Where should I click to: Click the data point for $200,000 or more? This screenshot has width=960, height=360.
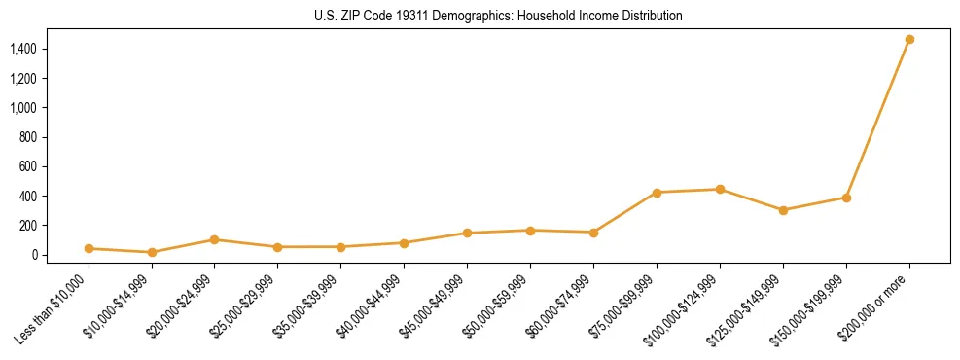(x=909, y=40)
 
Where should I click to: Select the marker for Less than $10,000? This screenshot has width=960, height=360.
(x=89, y=249)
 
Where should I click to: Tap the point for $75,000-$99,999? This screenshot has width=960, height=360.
(x=657, y=193)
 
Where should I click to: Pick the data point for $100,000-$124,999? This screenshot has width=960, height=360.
(x=720, y=190)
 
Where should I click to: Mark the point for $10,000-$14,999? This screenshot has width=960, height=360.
(x=152, y=253)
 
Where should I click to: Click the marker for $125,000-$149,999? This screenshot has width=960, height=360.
(x=783, y=210)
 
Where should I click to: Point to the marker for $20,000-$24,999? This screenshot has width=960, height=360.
(x=215, y=239)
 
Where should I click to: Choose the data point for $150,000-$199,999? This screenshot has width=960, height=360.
(x=846, y=198)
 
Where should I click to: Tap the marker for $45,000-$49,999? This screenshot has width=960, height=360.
(x=467, y=234)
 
